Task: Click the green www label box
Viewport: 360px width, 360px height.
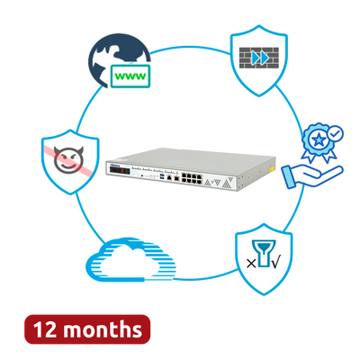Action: pos(130,76)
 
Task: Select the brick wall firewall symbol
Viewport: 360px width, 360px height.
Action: pos(259,58)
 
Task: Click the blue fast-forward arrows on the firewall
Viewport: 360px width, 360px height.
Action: pos(260,58)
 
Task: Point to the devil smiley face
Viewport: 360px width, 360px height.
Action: pos(68,159)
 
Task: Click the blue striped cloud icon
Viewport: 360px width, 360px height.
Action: pos(130,259)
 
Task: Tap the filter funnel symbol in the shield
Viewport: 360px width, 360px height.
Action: pos(264,253)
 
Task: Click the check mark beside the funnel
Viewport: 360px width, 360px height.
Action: pos(275,263)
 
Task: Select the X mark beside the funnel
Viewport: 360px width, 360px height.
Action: pos(251,264)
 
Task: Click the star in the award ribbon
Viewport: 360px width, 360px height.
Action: pos(318,139)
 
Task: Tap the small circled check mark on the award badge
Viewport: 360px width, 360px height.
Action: pos(336,133)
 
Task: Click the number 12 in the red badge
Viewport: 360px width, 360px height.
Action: pos(45,329)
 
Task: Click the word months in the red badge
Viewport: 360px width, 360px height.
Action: pos(103,329)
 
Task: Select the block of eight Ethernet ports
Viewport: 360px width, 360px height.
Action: pos(191,179)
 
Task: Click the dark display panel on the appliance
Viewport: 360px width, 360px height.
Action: pos(120,171)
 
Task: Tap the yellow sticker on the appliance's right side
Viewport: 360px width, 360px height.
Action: pos(272,170)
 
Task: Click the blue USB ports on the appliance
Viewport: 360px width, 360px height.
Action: pos(163,177)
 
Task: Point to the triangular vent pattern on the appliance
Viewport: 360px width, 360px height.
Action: pos(218,182)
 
